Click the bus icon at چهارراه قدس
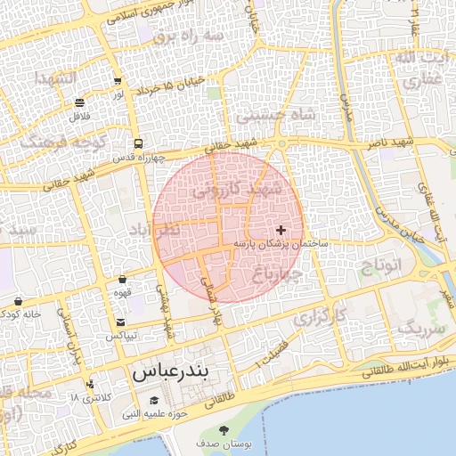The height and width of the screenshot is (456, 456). pos(138,143)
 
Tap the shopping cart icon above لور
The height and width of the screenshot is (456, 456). pos(118,79)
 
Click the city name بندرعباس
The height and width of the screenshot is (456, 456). pos(182,373)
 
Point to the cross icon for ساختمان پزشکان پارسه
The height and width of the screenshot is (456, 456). pos(281,230)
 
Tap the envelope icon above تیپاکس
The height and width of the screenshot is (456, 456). pos(121,322)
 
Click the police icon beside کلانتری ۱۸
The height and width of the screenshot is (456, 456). pos(89,385)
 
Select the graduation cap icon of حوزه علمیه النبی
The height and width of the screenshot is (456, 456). pos(155,401)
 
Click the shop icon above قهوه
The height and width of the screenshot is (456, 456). pos(122,280)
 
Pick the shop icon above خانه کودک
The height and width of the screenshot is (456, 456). pos(18,301)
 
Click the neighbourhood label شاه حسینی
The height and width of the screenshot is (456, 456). pos(275,114)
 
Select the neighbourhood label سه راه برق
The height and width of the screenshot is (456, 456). pos(187,37)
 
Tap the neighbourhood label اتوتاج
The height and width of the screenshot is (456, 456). pos(383,265)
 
